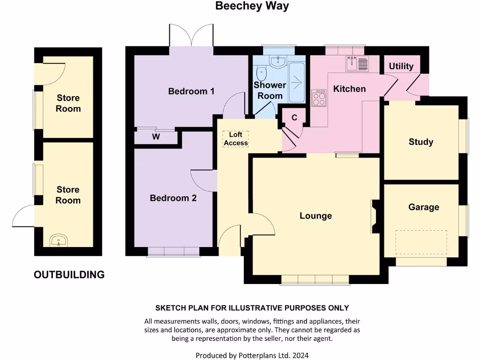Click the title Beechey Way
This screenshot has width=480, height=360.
click(x=252, y=6)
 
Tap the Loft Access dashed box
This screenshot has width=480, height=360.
click(x=235, y=139)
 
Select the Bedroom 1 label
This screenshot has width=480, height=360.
click(x=191, y=91)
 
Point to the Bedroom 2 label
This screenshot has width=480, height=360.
click(x=173, y=198)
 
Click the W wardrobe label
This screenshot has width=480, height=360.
click(x=156, y=137)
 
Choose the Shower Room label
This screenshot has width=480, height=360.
click(x=270, y=90)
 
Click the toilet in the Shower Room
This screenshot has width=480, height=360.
click(x=262, y=73)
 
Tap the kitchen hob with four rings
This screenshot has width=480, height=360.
click(x=319, y=99)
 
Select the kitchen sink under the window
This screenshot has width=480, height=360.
click(x=357, y=63)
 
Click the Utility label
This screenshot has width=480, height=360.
click(x=401, y=66)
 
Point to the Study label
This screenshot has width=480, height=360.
click(x=420, y=142)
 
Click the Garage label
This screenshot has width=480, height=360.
click(x=423, y=207)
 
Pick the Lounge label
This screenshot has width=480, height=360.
click(x=315, y=216)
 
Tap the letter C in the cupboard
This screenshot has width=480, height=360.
click(x=294, y=118)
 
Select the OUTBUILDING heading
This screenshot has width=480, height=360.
click(x=69, y=275)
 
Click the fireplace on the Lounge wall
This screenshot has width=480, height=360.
click(x=375, y=216)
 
